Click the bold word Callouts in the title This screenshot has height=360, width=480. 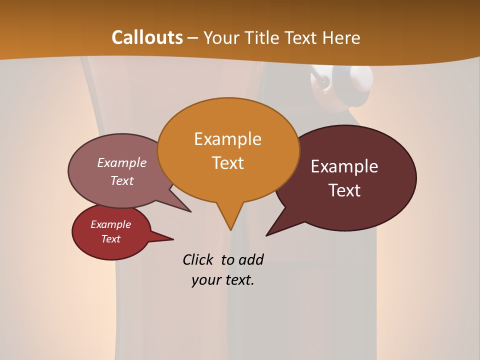pos(147,37)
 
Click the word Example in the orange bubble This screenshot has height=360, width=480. pos(227,139)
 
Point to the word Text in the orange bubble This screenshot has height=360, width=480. pos(228,163)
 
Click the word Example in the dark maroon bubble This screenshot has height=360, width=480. pos(344,166)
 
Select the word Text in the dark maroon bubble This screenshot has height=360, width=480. pos(345,190)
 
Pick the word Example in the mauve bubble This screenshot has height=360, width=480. pos(122,163)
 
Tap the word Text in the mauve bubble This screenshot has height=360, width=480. pos(122,181)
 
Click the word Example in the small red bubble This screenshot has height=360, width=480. pos(110,225)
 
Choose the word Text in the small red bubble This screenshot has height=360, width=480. pos(111,239)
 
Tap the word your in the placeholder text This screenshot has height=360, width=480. pos(205,280)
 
